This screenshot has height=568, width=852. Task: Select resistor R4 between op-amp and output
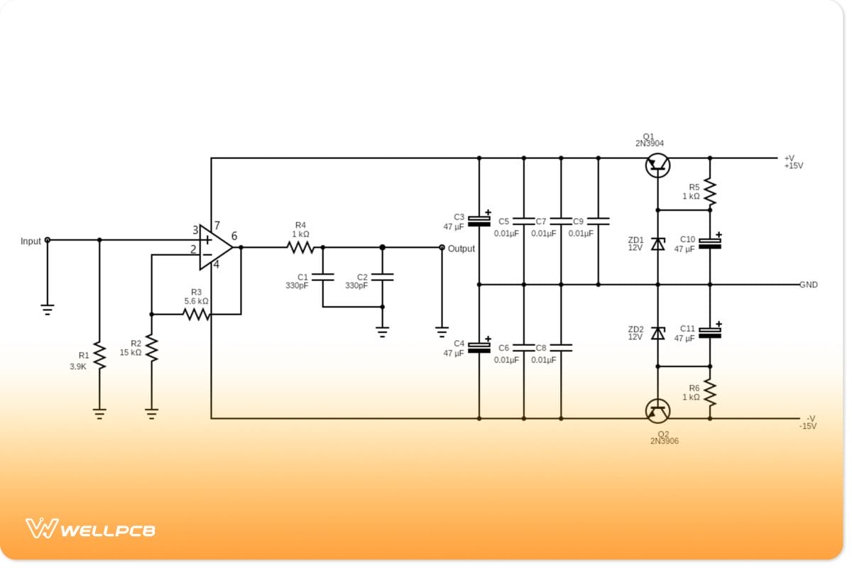[x=300, y=248]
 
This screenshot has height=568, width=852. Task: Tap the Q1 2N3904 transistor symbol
[x=657, y=165]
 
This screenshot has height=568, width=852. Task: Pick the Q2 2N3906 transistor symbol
[x=657, y=410]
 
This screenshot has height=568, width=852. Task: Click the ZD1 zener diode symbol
[x=657, y=244]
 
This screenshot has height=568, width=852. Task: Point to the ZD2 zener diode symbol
[x=657, y=332]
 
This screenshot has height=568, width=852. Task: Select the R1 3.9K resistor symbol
[x=99, y=355]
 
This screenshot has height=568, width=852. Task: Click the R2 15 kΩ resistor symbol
[x=151, y=348]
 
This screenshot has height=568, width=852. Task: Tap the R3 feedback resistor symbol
[x=197, y=314]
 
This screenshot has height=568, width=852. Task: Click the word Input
[x=31, y=241]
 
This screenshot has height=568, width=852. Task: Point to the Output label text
[x=461, y=249]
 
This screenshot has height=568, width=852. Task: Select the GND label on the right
[x=809, y=285]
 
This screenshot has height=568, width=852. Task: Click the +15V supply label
[x=794, y=165]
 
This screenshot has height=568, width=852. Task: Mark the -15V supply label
[x=808, y=426]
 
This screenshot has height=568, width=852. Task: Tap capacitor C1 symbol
[x=322, y=277]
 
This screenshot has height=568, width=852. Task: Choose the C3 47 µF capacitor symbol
[x=479, y=219]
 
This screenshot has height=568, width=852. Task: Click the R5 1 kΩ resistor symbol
[x=710, y=191]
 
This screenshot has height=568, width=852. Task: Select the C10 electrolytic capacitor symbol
[x=710, y=243]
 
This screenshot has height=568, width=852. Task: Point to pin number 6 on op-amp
[x=234, y=236]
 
